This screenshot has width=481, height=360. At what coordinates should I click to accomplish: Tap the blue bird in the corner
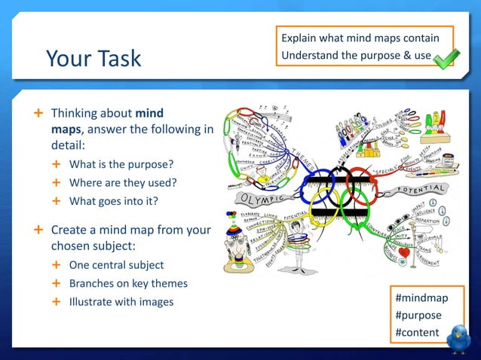[x=458, y=338]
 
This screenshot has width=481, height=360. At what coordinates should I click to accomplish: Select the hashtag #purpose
[x=418, y=315]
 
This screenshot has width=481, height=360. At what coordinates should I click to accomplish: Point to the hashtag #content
[x=418, y=332]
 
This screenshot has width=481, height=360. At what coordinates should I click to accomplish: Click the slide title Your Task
[x=93, y=58]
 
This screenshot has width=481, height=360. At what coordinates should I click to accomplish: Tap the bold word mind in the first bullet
[x=149, y=113]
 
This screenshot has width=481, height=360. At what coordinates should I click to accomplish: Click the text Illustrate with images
[x=121, y=302]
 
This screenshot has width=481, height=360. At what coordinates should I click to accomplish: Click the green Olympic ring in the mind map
[x=354, y=204]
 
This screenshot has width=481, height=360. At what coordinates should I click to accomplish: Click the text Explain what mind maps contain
[x=360, y=38]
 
